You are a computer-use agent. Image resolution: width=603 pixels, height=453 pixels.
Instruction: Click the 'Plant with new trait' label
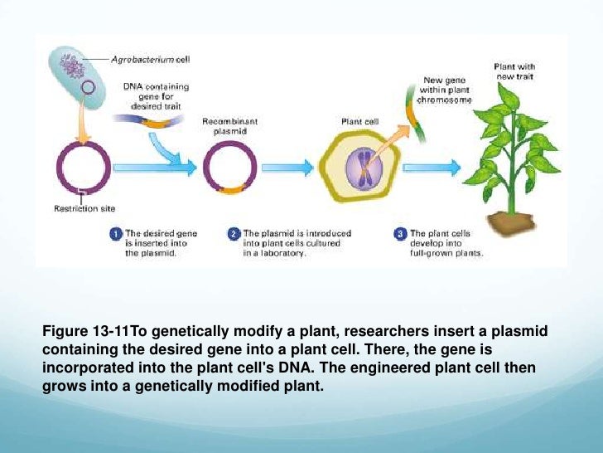(x=514, y=71)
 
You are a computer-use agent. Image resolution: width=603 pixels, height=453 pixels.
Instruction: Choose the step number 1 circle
(x=117, y=235)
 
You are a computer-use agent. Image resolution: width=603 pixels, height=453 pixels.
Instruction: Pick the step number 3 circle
(x=400, y=235)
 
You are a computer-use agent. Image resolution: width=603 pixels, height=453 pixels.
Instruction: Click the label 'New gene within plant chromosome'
(x=446, y=90)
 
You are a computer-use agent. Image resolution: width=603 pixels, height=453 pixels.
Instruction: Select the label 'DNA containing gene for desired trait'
(x=157, y=95)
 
